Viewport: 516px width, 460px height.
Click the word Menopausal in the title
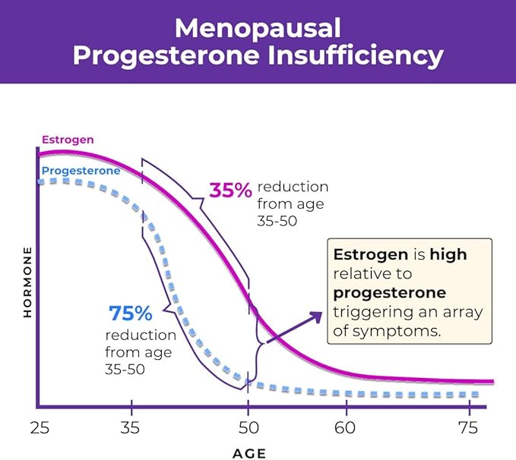coord(258,28)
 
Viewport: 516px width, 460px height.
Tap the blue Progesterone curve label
coord(81,171)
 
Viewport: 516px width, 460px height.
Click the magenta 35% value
coord(230,191)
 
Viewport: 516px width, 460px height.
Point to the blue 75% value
coord(131,313)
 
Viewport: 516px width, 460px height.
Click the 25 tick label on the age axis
coord(39,427)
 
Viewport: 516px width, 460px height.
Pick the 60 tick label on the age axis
coord(346,427)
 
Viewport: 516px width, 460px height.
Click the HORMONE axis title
coord(28,281)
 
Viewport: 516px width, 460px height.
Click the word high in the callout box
coord(448,255)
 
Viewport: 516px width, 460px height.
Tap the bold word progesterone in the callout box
coord(390,293)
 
